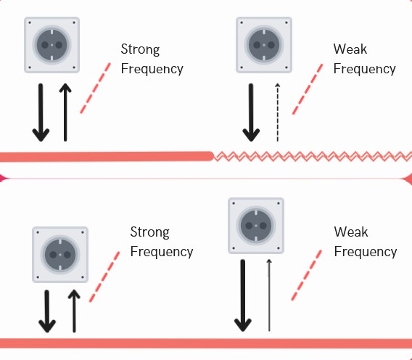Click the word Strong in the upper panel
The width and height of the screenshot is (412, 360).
pyautogui.click(x=140, y=49)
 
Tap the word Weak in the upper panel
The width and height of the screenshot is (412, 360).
pyautogui.click(x=350, y=49)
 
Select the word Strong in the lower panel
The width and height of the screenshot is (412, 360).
pyautogui.click(x=149, y=232)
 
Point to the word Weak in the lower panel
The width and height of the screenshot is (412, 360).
pyautogui.click(x=351, y=232)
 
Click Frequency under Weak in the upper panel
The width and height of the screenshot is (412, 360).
pyautogui.click(x=364, y=69)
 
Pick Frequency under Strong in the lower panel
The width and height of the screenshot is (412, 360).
pyautogui.click(x=162, y=252)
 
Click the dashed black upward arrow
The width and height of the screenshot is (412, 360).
pyautogui.click(x=278, y=112)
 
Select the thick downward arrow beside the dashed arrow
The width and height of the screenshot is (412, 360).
pyautogui.click(x=251, y=112)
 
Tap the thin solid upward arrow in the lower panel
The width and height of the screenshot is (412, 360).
pyautogui.click(x=269, y=295)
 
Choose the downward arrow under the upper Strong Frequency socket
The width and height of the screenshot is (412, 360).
pyautogui.click(x=41, y=112)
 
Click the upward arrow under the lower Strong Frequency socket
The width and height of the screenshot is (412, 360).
pyautogui.click(x=74, y=311)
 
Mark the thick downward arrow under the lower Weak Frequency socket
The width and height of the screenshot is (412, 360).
pyautogui.click(x=243, y=295)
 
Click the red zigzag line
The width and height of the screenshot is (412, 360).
pyautogui.click(x=313, y=157)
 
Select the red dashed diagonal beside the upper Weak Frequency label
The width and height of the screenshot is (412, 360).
pyautogui.click(x=308, y=89)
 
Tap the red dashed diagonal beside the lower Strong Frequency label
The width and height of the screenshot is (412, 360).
pyautogui.click(x=104, y=277)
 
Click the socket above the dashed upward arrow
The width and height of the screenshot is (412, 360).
pyautogui.click(x=264, y=45)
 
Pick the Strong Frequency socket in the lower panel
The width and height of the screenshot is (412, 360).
pyautogui.click(x=60, y=255)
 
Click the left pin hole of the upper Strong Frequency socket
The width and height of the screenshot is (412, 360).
pyautogui.click(x=45, y=45)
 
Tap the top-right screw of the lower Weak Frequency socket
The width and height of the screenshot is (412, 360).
pyautogui.click(x=279, y=203)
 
